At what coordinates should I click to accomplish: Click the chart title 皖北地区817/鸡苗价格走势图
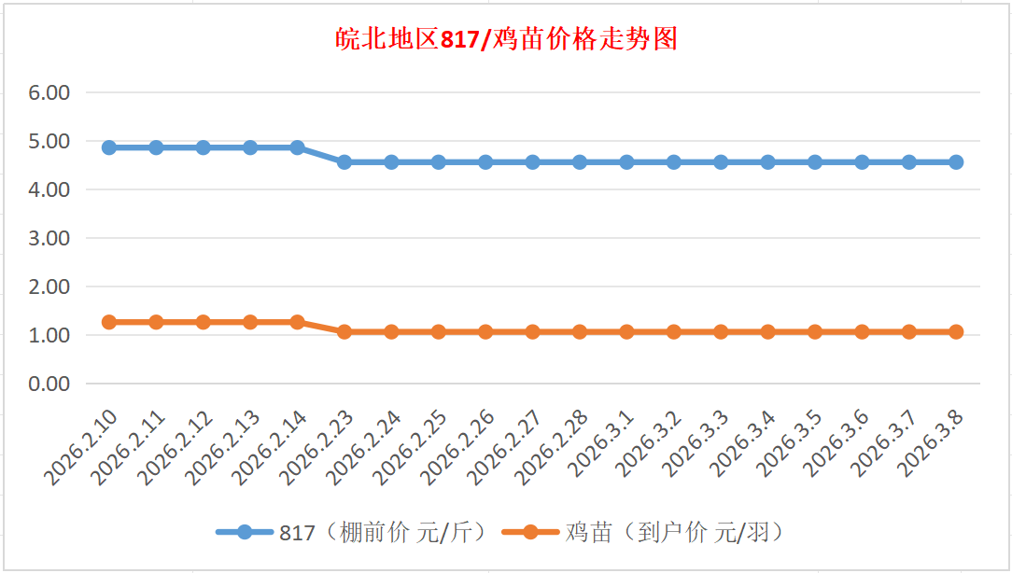506,39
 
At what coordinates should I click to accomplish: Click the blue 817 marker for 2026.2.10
109,147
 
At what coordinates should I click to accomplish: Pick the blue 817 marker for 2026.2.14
297,147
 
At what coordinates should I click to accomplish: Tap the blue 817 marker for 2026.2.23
344,161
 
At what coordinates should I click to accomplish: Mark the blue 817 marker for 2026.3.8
956,161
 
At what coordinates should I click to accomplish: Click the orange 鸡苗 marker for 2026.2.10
109,322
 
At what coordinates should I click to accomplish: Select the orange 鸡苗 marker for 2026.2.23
344,331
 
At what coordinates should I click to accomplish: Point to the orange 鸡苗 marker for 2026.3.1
626,331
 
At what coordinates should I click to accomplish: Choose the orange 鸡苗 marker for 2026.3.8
956,331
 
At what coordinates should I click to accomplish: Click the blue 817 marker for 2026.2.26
485,161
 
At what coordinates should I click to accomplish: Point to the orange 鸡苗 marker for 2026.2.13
250,322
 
